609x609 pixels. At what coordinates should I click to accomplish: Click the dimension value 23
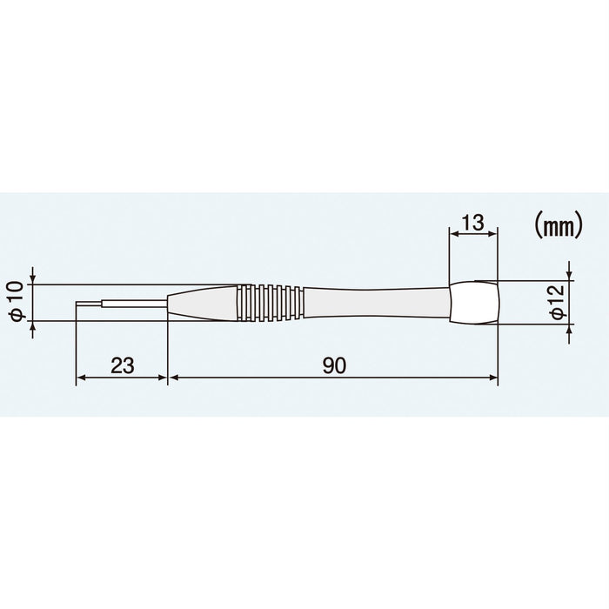click(122, 365)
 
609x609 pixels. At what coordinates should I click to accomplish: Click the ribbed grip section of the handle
click(271, 302)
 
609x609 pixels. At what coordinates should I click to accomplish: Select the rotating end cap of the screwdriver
click(474, 302)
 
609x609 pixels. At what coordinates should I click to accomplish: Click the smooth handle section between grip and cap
click(374, 302)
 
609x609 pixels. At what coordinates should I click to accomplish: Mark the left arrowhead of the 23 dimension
click(81, 378)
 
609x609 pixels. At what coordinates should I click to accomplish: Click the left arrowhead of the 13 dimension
click(452, 233)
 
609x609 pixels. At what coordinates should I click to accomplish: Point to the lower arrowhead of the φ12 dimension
click(570, 327)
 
